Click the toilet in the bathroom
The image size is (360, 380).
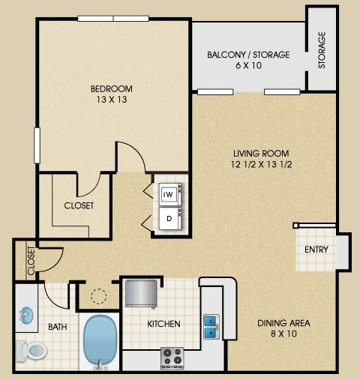click(x=31, y=351)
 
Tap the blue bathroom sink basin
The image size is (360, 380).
click(x=26, y=316)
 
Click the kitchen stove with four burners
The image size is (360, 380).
click(x=172, y=358)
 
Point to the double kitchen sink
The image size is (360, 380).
click(x=211, y=327)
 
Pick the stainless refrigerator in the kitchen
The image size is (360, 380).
click(x=141, y=293)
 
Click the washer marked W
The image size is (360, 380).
click(x=170, y=194)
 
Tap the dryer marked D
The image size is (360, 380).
click(x=170, y=218)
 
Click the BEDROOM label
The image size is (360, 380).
click(x=112, y=88)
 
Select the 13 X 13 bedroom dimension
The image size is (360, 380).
click(x=112, y=100)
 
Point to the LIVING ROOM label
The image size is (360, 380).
click(x=261, y=153)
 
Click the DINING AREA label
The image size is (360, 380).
click(x=283, y=323)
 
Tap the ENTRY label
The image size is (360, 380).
click(x=316, y=250)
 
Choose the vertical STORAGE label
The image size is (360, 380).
click(x=322, y=50)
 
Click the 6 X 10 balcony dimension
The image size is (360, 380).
click(x=248, y=65)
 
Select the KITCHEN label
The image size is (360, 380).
click(x=163, y=324)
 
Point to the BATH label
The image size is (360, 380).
click(x=58, y=327)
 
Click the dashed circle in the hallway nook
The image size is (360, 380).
click(x=99, y=296)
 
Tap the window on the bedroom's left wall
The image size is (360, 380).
click(x=37, y=145)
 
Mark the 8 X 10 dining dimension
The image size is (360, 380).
click(x=283, y=334)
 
